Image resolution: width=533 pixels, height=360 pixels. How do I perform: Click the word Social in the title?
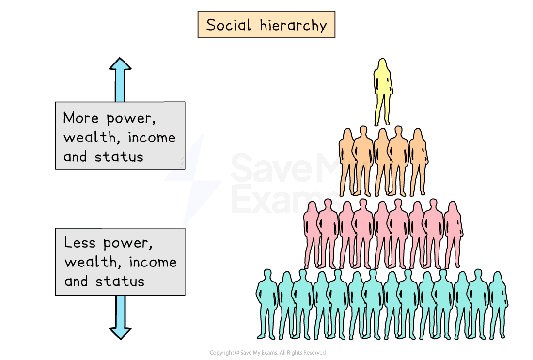pos(229,25)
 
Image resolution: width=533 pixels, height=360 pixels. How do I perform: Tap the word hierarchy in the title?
pos(293,26)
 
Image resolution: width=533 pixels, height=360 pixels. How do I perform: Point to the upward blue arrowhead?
pos(120,64)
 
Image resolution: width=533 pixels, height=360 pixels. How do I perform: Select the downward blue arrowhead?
pos(120,333)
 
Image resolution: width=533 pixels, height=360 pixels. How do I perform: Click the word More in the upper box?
pos(81,118)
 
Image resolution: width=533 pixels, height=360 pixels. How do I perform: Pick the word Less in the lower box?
pos(80,242)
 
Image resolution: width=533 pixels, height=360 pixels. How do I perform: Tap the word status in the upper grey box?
pos(119,157)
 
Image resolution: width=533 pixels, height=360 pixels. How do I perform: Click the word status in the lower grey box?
pos(120,282)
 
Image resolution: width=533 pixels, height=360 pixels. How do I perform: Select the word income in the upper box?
pos(152,137)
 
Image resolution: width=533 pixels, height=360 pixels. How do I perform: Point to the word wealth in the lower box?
pos(91,262)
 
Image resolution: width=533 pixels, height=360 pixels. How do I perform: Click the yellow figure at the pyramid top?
pos(383,92)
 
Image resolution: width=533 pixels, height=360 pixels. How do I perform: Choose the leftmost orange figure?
pos(347,162)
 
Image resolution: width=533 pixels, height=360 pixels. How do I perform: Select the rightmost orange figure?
pos(419,162)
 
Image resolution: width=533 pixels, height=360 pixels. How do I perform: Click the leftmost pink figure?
pos(312,234)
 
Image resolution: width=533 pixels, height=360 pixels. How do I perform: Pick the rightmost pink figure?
pos(454,234)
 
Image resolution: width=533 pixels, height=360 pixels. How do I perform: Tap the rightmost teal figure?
pos(499,305)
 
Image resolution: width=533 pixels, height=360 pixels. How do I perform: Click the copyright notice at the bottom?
pos(267,353)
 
